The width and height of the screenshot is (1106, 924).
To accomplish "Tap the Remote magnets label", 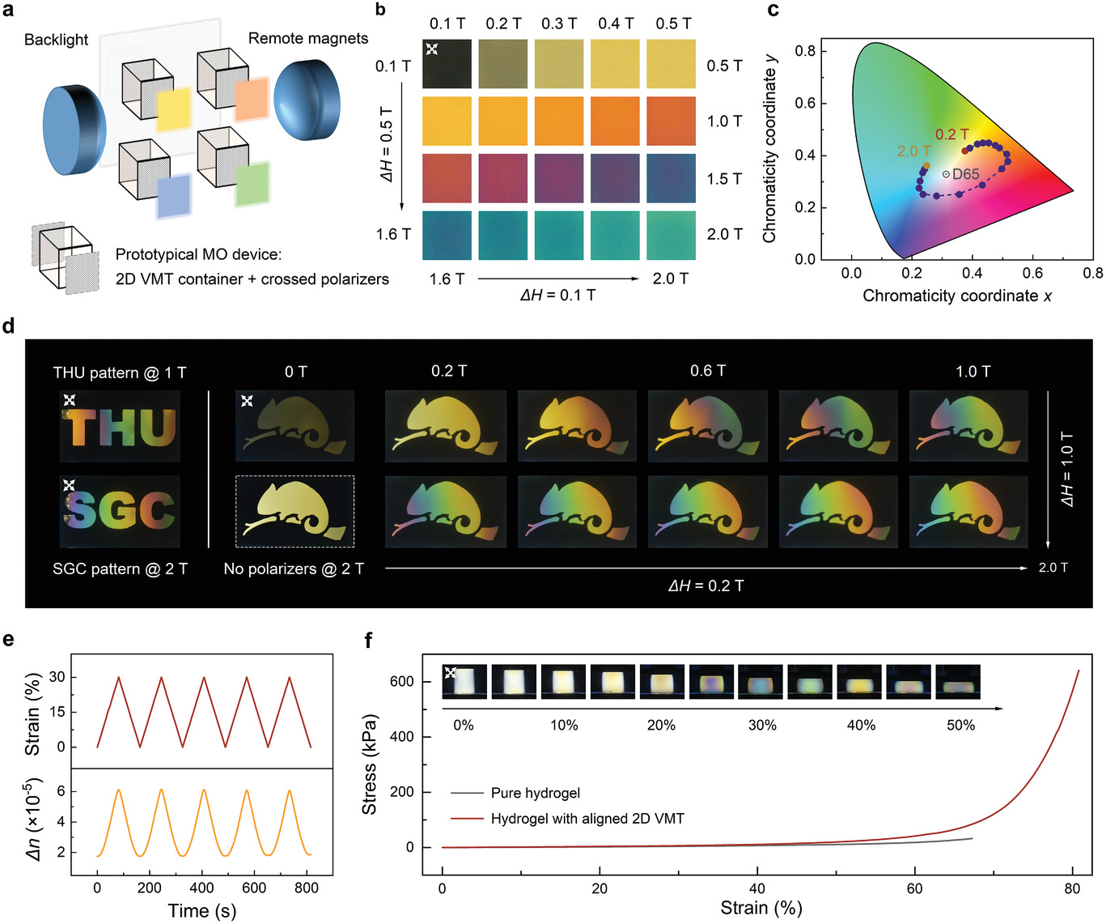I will tap(307, 38).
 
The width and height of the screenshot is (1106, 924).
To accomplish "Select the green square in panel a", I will tap(252, 185).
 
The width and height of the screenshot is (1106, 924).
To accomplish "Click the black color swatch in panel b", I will tap(447, 64).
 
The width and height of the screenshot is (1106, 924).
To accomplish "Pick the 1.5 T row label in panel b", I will tap(724, 178).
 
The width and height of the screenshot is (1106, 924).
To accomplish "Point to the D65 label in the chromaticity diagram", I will tap(965, 174).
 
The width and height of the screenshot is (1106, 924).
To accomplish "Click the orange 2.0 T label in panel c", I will tap(913, 151).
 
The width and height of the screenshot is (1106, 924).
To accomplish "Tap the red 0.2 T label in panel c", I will tap(951, 134).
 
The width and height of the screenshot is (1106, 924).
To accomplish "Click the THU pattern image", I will tap(120, 427).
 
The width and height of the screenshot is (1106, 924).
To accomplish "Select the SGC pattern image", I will tap(120, 511).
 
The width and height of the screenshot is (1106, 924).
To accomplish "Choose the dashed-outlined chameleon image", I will tap(295, 511).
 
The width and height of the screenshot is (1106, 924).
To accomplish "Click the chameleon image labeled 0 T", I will tap(295, 427).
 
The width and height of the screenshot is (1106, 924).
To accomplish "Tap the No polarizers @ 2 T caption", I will tap(294, 568).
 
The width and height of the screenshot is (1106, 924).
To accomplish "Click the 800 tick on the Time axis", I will tap(306, 888).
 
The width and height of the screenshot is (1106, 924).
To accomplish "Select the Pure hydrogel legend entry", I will tap(535, 793).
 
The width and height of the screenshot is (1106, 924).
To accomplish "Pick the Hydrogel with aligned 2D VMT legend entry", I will tap(587, 819).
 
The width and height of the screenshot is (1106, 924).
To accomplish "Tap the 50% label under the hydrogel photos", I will tap(960, 725).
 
